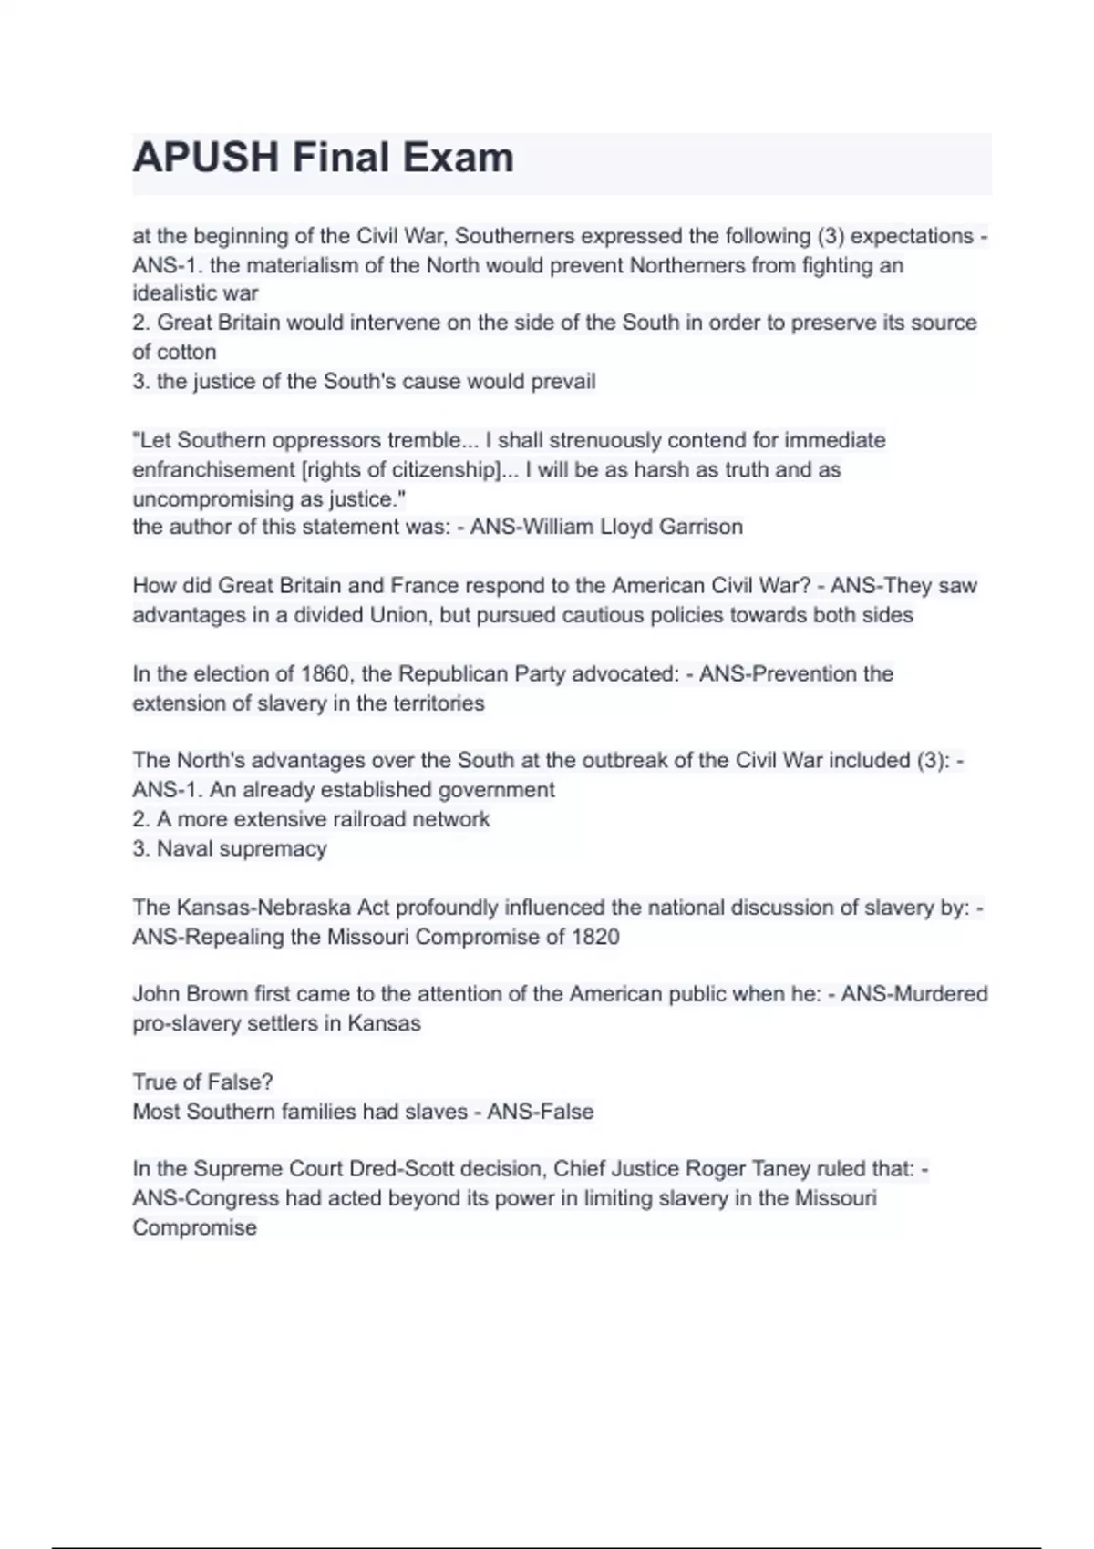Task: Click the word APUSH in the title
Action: pos(206,158)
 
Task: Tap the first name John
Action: pos(156,993)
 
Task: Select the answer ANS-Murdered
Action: pos(914,993)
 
